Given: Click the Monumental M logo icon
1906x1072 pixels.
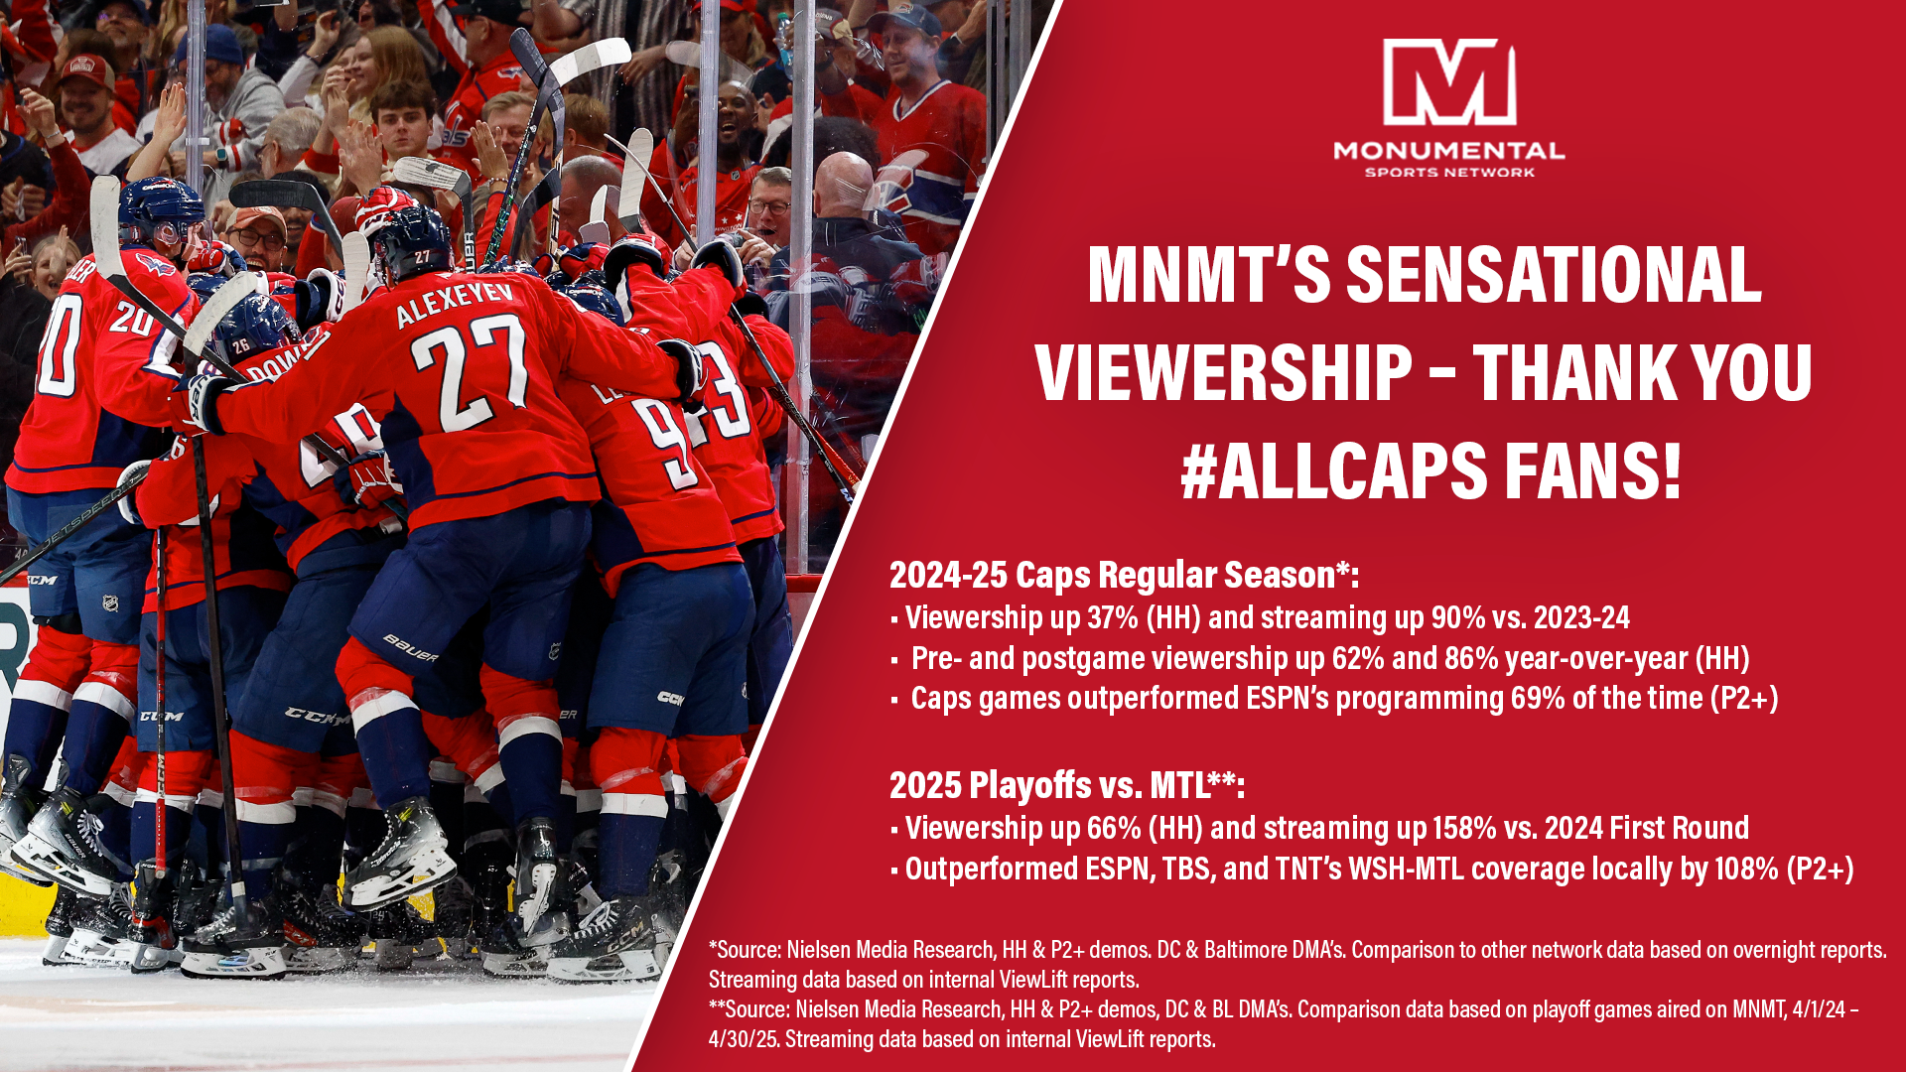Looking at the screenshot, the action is point(1449,82).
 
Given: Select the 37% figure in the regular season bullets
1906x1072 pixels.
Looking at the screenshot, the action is point(1113,617).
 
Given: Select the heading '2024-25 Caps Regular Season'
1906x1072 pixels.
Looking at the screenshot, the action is point(1112,575).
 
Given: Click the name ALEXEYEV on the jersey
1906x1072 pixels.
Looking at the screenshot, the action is point(455,304).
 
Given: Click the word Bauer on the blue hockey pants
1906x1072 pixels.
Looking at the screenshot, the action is point(410,648).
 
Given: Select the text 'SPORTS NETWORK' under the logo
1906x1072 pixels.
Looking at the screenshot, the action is point(1449,173).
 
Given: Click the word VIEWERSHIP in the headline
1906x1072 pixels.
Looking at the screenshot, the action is point(1223,372).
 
